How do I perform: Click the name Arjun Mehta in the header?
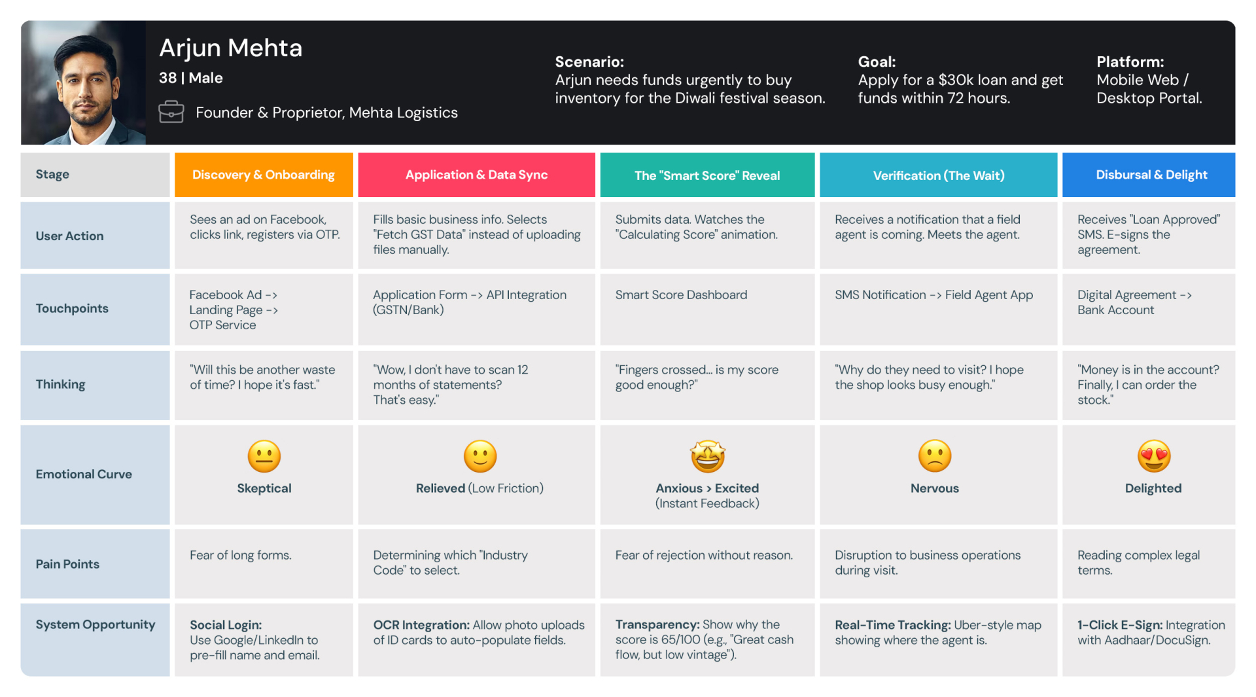(x=230, y=48)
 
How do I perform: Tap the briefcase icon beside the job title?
(x=171, y=112)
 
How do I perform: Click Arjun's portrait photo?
(x=84, y=83)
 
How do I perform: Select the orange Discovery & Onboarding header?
(x=264, y=175)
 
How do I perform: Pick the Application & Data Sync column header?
(x=476, y=175)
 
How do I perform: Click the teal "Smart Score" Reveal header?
(x=707, y=175)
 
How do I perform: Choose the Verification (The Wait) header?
(x=938, y=175)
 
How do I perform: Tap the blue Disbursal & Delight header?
(x=1151, y=175)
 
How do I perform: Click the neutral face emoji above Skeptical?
(x=264, y=456)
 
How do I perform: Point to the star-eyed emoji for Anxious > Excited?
(x=708, y=456)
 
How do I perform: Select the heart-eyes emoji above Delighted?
(x=1154, y=456)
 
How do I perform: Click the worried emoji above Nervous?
(x=935, y=456)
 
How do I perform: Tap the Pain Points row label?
(x=67, y=564)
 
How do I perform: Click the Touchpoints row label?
(x=72, y=308)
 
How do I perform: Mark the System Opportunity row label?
(x=96, y=624)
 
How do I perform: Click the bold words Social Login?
(x=226, y=625)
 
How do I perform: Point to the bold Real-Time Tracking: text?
(x=892, y=625)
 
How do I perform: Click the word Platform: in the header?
(x=1130, y=62)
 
